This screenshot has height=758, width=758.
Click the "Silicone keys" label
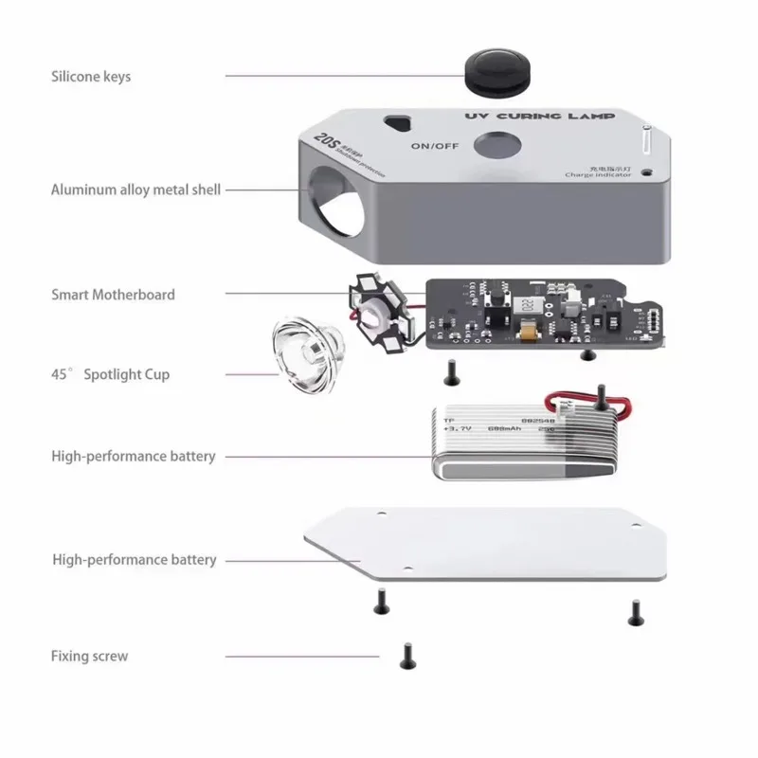pos(91,77)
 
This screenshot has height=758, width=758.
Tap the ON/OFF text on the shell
pos(435,146)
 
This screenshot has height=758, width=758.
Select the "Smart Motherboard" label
pos(113,295)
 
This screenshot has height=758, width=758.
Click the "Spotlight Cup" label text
pos(127,374)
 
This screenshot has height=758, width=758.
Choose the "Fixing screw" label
pos(89,656)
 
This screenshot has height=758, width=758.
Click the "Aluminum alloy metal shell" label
pos(135,189)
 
